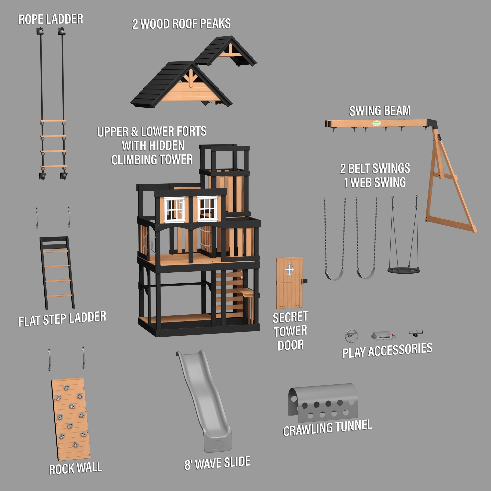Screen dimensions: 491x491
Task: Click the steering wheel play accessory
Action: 352,336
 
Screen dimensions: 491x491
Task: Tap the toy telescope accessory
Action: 416,333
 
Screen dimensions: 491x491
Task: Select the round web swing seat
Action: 403,270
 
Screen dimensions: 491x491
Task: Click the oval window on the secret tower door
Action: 289,269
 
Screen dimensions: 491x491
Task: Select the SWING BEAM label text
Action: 380,111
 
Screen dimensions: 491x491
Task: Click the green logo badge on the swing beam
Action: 376,124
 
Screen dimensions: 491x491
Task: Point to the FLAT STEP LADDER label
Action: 62,319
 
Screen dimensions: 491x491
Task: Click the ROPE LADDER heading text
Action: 51,20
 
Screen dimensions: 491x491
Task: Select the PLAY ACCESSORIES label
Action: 387,350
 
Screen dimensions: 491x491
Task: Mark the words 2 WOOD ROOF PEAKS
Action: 181,24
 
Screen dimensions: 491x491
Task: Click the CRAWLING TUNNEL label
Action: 328,428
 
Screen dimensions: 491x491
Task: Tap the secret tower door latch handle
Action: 304,281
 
